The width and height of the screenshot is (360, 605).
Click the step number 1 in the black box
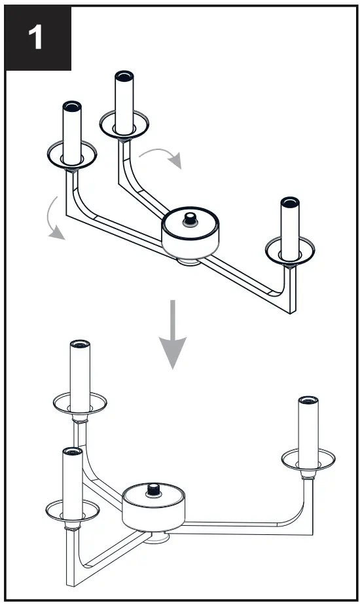(x=37, y=39)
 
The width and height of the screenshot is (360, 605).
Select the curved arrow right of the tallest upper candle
(x=163, y=155)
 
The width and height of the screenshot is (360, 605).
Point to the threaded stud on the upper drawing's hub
(x=190, y=217)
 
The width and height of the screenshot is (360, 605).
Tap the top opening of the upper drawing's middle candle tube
(x=124, y=75)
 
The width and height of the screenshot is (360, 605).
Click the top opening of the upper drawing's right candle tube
(x=289, y=201)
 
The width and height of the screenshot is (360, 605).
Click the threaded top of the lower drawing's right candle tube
(x=307, y=400)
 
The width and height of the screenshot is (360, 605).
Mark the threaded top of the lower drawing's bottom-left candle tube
(x=72, y=452)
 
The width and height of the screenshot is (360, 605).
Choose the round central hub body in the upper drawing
(x=190, y=237)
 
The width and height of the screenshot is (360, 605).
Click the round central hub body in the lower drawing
(x=154, y=511)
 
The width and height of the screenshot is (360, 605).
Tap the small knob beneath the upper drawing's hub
(x=189, y=262)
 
